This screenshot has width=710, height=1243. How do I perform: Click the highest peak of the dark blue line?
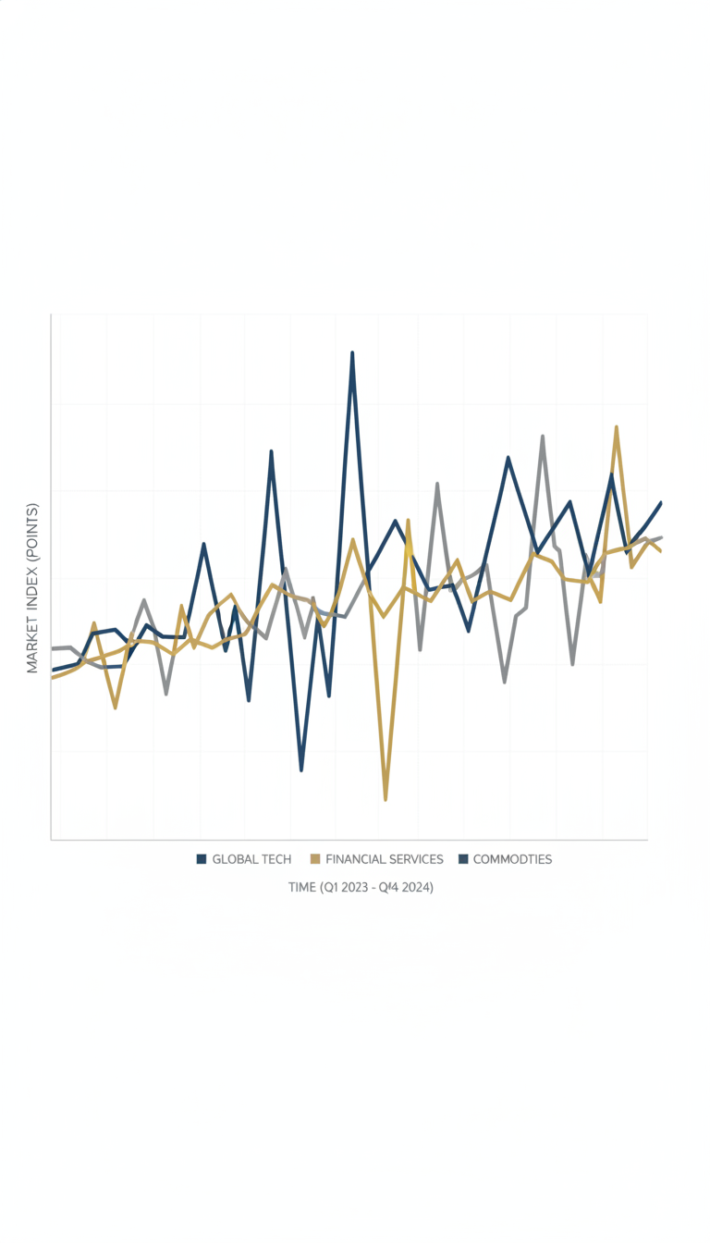point(352,352)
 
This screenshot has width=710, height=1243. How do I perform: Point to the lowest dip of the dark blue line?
point(301,770)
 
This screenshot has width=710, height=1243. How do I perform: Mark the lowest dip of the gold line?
point(386,800)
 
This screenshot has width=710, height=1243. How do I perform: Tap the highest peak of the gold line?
point(617,427)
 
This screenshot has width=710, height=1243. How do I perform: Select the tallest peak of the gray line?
point(543,437)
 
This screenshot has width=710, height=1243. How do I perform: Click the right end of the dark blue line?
point(661,503)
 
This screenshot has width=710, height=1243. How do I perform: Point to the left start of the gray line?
point(53,648)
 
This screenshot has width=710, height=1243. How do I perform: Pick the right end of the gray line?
point(661,537)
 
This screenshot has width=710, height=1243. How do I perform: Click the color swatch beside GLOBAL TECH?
point(202,859)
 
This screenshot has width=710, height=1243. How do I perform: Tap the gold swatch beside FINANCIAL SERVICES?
point(315,859)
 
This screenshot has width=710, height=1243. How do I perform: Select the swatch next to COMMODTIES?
point(463,859)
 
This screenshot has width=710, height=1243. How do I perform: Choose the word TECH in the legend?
point(276,859)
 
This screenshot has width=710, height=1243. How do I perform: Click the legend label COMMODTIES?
point(512,859)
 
